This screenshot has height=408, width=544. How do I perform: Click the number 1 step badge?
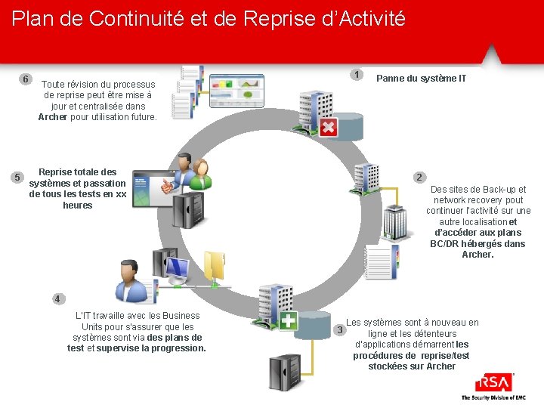357,75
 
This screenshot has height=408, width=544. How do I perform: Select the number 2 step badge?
419,178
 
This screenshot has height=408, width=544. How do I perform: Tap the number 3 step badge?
340,329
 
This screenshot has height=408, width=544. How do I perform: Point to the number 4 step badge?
58,298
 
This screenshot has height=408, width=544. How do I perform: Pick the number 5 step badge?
17,178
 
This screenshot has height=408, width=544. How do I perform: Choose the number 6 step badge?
26,79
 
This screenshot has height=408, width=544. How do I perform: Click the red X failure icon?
328,127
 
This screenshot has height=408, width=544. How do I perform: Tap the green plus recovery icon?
289,320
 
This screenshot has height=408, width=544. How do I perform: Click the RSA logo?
494,382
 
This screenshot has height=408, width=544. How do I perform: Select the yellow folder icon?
215,267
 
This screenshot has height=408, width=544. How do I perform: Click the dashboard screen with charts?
237,91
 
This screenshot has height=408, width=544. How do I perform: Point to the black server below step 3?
285,372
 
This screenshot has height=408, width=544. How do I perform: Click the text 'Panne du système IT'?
421,79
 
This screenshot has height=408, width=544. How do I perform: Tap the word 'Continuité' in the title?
136,18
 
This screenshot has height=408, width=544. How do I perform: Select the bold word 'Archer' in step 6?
53,117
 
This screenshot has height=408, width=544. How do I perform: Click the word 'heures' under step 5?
78,205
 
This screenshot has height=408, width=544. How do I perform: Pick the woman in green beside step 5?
200,175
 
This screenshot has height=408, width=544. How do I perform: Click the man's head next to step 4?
128,272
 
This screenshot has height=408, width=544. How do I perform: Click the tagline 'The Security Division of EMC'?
493,397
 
